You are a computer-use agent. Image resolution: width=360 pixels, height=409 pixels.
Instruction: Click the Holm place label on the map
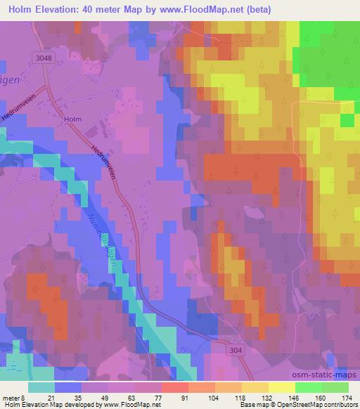point(72,119)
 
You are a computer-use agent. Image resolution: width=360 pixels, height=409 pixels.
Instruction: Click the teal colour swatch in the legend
point(41,387)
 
